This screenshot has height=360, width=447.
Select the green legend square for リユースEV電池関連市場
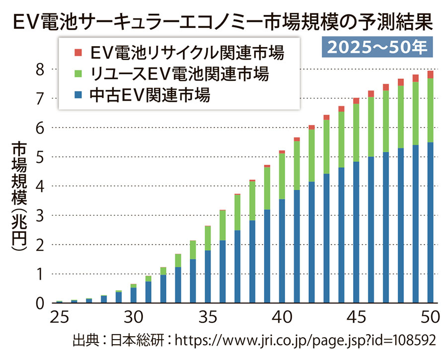point(77,74)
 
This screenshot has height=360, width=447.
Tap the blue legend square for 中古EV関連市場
point(77,94)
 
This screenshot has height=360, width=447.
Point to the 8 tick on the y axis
point(42,69)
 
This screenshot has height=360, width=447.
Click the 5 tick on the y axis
point(42,157)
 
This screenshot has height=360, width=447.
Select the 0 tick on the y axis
point(42,303)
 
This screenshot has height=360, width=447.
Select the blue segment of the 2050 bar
point(430,223)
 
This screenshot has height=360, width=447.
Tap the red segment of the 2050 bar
point(430,74)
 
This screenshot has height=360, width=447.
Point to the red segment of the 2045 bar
point(356,101)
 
